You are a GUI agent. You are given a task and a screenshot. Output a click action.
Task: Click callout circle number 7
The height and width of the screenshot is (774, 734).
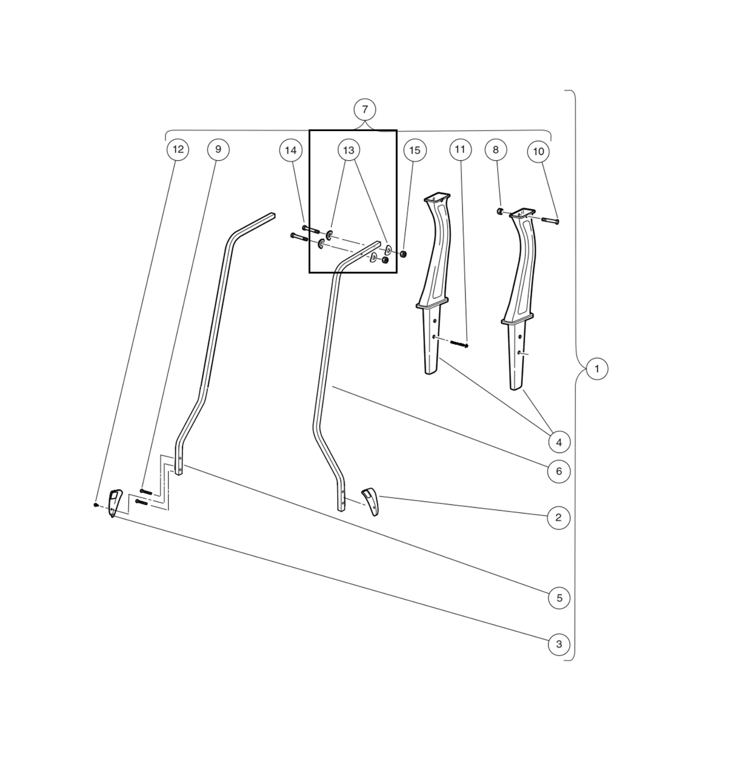pos(365,110)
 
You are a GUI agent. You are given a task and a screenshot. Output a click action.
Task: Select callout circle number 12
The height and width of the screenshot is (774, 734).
pos(178,150)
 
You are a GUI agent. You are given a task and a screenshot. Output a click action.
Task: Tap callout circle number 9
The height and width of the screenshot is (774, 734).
pos(218,150)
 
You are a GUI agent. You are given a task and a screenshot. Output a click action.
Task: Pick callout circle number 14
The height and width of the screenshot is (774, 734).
pos(290,150)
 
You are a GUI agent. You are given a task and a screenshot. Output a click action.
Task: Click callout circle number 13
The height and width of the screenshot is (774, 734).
pos(348,150)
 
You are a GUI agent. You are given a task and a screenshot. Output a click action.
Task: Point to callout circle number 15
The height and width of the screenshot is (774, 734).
pos(415,150)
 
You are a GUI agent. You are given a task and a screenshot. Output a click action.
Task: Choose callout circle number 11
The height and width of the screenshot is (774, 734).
pos(460,150)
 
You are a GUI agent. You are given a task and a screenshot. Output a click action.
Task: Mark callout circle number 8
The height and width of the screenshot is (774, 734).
pos(496,150)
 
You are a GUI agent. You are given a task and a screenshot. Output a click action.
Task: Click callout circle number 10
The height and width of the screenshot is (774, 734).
pos(538,152)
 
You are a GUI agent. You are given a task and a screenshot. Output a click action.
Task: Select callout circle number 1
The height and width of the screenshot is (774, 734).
pos(597,369)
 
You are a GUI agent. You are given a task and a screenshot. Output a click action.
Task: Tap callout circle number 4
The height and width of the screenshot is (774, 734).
pos(559,442)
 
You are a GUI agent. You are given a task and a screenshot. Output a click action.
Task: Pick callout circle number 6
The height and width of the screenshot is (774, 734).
pos(559,471)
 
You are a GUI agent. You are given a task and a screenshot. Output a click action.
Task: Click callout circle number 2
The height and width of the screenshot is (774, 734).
pos(558,518)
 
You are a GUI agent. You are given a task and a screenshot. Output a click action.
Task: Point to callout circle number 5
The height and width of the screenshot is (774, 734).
pos(559,598)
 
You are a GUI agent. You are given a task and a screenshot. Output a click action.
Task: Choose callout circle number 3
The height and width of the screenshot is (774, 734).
pos(559,644)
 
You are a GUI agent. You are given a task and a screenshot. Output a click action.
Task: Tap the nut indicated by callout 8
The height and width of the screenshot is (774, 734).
pos(500,211)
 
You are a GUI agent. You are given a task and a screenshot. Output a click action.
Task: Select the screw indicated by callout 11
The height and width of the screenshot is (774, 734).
pos(459,344)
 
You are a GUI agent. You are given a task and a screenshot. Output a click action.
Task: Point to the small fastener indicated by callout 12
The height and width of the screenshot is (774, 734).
pos(95,504)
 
